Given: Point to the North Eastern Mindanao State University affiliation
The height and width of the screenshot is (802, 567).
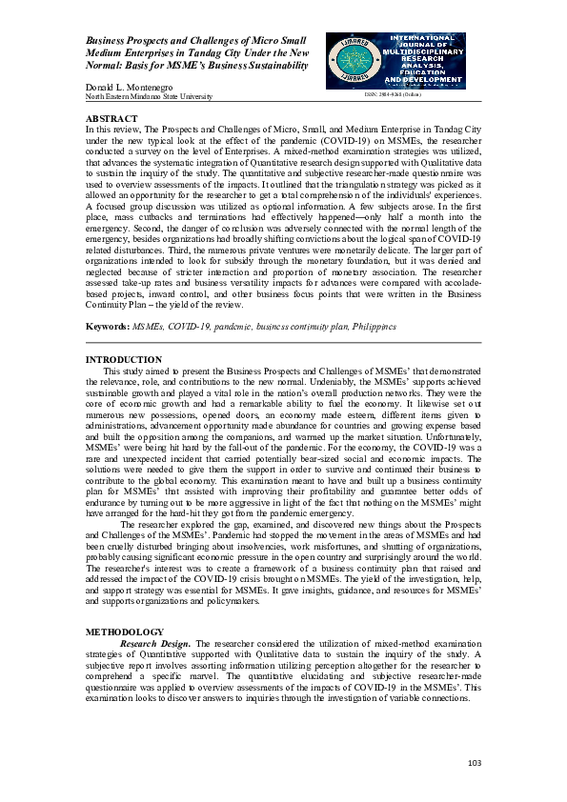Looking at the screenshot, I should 149,97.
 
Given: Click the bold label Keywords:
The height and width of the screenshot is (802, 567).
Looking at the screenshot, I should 108,326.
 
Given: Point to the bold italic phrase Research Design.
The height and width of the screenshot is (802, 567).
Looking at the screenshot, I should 155,643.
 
